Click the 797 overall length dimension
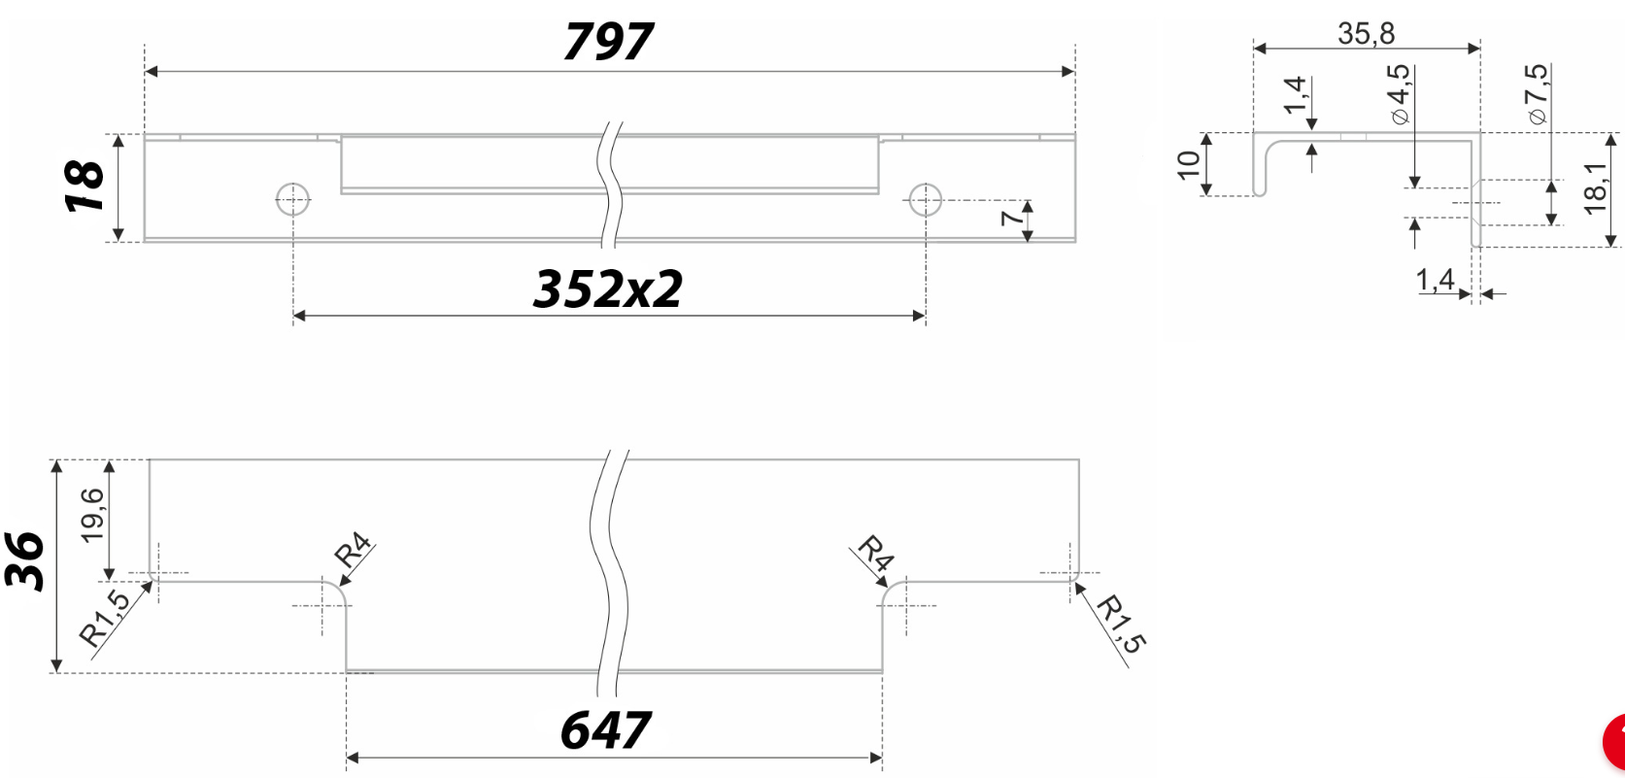[608, 42]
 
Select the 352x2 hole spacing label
[608, 289]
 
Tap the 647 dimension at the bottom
[605, 730]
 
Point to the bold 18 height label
[85, 186]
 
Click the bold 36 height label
[25, 561]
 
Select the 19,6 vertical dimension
[92, 515]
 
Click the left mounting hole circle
[293, 200]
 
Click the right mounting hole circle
[925, 200]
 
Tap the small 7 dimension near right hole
[1011, 216]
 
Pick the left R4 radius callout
[353, 551]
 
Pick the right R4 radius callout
[876, 554]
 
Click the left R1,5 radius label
[104, 619]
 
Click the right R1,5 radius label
[1121, 625]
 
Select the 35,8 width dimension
[1366, 34]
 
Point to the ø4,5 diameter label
[1399, 95]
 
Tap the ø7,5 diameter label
[1537, 94]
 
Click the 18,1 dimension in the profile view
[1595, 188]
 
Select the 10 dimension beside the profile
[1189, 164]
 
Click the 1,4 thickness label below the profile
[1435, 280]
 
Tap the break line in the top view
[612, 185]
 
